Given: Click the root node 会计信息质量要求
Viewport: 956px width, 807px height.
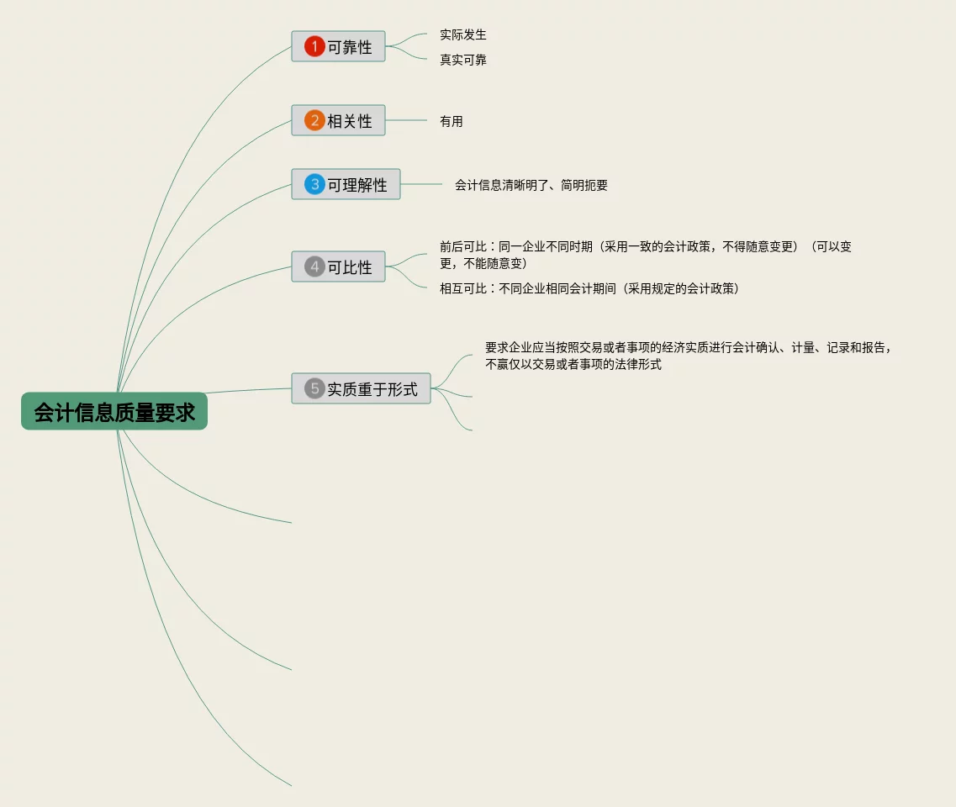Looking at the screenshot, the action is (114, 412).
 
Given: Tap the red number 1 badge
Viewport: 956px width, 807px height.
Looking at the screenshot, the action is (314, 47).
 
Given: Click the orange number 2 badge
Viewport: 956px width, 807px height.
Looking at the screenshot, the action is (314, 121).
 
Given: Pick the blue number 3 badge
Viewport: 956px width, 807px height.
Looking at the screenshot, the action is (314, 184).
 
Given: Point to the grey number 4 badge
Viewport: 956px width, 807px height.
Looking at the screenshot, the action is (314, 267).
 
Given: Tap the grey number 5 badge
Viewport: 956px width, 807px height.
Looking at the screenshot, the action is (314, 388).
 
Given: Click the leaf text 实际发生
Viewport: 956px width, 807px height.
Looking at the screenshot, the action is (462, 34).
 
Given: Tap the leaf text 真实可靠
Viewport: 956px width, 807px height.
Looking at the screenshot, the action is (462, 60).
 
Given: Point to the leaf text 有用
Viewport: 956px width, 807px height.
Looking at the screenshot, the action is (451, 121).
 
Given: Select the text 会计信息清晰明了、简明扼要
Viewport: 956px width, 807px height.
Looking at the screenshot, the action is (531, 185).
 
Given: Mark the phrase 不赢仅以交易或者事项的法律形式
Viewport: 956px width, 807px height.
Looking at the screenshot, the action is (573, 364).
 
